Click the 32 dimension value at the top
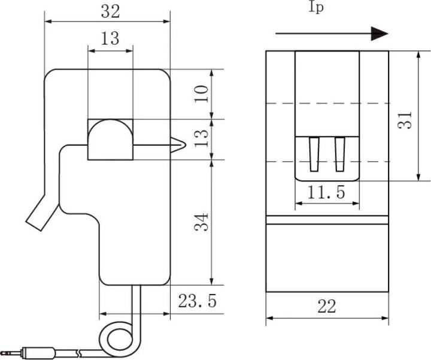point(111,12)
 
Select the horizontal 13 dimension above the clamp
point(110,38)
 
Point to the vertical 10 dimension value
point(202,94)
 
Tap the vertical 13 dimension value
point(202,138)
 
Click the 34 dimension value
point(202,222)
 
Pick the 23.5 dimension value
point(198,301)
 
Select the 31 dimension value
point(405,120)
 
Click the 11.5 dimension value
point(326,192)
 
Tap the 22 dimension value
point(327,307)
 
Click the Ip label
point(316,7)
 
